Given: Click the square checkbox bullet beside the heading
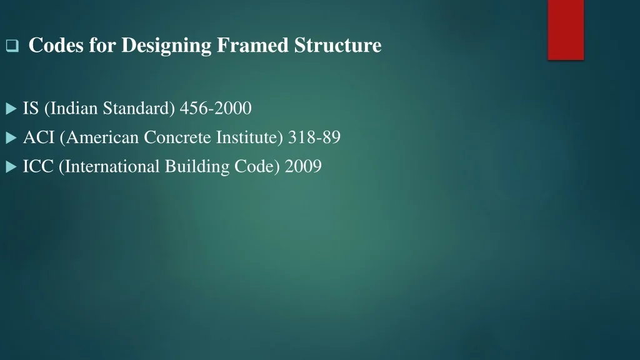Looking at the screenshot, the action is tap(12, 45).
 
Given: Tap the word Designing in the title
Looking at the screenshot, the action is tap(166, 46).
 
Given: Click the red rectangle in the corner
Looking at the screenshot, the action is tap(566, 30).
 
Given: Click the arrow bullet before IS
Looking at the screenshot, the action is tap(11, 109).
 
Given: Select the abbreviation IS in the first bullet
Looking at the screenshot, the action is tap(31, 108).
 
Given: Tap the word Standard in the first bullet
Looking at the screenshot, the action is tap(139, 109).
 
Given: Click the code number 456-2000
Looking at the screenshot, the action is tap(216, 108).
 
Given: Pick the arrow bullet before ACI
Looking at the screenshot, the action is tap(11, 138).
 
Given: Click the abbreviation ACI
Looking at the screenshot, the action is tap(39, 137).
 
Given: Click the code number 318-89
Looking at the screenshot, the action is tap(314, 137).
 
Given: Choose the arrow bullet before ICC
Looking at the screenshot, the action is tap(11, 167).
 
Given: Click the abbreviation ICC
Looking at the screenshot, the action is tap(38, 166).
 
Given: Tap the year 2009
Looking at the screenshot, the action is tap(303, 166).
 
